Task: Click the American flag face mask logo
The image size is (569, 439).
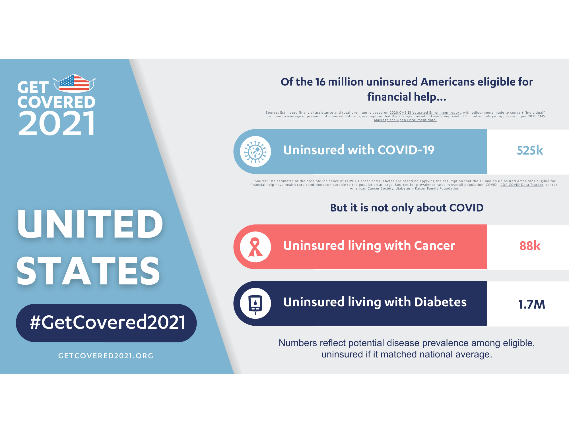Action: pyautogui.click(x=74, y=84)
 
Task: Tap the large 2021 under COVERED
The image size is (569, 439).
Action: pyautogui.click(x=57, y=123)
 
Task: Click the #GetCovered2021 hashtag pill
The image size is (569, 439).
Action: pyautogui.click(x=106, y=323)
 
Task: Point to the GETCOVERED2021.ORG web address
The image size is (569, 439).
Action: pyautogui.click(x=106, y=356)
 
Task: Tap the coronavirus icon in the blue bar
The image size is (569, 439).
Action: pyautogui.click(x=255, y=151)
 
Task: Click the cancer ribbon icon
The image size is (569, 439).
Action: pyautogui.click(x=255, y=247)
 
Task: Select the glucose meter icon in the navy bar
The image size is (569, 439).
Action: pyautogui.click(x=255, y=303)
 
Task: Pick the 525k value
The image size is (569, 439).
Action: pyautogui.click(x=530, y=151)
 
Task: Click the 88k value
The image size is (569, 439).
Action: pyautogui.click(x=530, y=246)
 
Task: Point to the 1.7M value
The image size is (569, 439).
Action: pyautogui.click(x=531, y=304)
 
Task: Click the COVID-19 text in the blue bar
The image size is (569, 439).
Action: pyautogui.click(x=406, y=150)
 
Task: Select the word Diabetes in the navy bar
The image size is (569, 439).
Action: pyautogui.click(x=440, y=302)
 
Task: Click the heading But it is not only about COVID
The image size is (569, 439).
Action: pyautogui.click(x=407, y=208)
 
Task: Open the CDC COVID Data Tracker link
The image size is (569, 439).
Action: pyautogui.click(x=522, y=185)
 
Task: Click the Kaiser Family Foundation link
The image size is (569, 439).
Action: pyautogui.click(x=437, y=188)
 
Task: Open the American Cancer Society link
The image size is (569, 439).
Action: pyautogui.click(x=372, y=188)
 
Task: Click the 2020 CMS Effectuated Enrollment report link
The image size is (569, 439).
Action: pyautogui.click(x=425, y=113)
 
